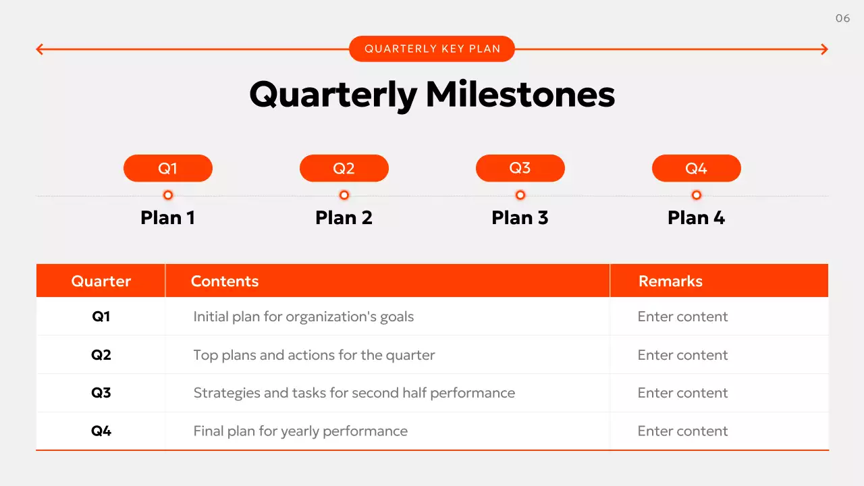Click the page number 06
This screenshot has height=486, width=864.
pyautogui.click(x=842, y=18)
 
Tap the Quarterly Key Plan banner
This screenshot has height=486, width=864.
pyautogui.click(x=432, y=49)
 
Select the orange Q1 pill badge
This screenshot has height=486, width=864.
pyautogui.click(x=168, y=168)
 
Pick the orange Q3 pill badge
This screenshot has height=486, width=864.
pyautogui.click(x=520, y=168)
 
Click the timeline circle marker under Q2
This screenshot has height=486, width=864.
pyautogui.click(x=344, y=195)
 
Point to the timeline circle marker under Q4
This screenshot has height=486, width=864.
pyautogui.click(x=697, y=195)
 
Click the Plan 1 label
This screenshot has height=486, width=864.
pyautogui.click(x=168, y=217)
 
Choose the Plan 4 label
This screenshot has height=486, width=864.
pyautogui.click(x=696, y=217)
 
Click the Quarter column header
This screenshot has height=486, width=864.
pyautogui.click(x=101, y=281)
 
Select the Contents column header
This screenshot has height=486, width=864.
pyautogui.click(x=225, y=281)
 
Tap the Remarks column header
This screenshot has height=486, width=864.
pyautogui.click(x=670, y=281)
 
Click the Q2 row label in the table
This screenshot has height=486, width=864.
pyautogui.click(x=101, y=355)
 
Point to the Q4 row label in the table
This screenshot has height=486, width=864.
pyautogui.click(x=101, y=431)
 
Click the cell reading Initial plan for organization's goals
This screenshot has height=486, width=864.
pyautogui.click(x=304, y=317)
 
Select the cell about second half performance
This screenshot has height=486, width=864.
pyautogui.click(x=354, y=393)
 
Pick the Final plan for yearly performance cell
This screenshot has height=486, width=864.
pyautogui.click(x=300, y=431)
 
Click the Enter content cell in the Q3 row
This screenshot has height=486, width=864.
pyautogui.click(x=682, y=393)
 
